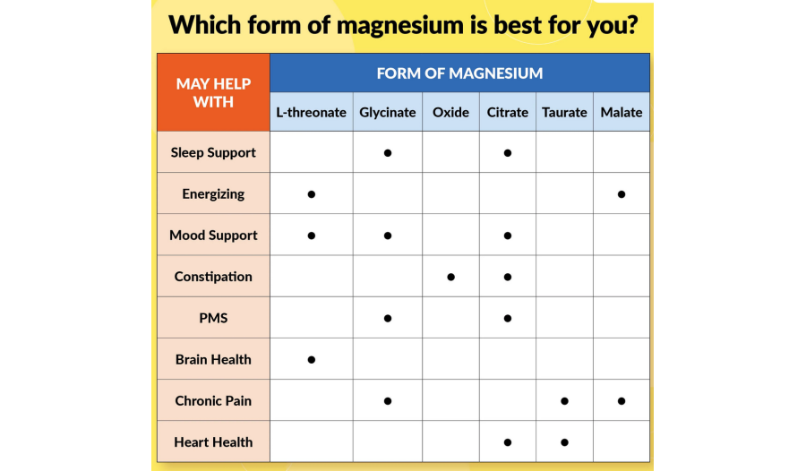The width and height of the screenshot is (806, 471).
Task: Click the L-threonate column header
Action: point(311,112)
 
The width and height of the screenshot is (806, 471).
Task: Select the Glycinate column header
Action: point(388,113)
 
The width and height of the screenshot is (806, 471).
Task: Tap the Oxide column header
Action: point(450,112)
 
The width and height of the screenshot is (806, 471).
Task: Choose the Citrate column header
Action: point(508,112)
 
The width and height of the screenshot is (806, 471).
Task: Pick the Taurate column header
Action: point(564,112)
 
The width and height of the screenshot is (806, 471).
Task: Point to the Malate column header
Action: point(622,112)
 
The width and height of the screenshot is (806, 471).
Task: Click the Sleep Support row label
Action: point(213,153)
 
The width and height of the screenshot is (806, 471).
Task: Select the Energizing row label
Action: point(213,194)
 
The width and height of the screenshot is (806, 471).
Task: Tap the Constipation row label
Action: point(213,277)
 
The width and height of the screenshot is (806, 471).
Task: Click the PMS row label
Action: point(213,318)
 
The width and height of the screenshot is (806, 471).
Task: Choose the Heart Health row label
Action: point(213,441)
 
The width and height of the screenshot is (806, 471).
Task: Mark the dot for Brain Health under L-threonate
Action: point(312,359)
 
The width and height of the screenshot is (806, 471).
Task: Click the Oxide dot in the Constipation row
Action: point(450,278)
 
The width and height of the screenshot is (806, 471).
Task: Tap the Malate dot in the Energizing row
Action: point(622,194)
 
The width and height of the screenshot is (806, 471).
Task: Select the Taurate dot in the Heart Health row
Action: point(564,442)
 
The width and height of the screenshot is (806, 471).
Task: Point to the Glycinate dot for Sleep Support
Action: point(388,153)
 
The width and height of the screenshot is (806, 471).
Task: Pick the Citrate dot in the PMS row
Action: point(508,318)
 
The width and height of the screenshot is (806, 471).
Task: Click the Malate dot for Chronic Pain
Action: point(622,401)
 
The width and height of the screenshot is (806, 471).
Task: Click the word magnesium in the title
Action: point(400,25)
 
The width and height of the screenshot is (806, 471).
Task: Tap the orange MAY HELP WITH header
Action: point(213,92)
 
